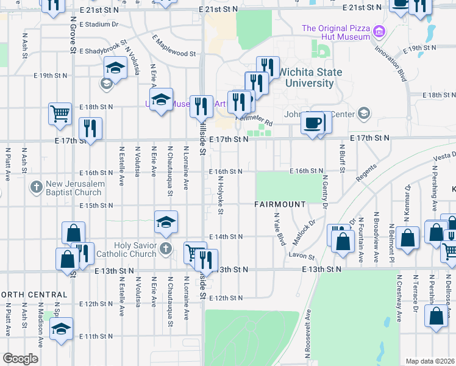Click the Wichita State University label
point(310,77)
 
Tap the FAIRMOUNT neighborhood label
point(279,204)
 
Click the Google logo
point(21,359)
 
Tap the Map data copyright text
point(430,361)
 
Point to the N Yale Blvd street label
point(280,229)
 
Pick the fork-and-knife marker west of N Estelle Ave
point(90,128)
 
